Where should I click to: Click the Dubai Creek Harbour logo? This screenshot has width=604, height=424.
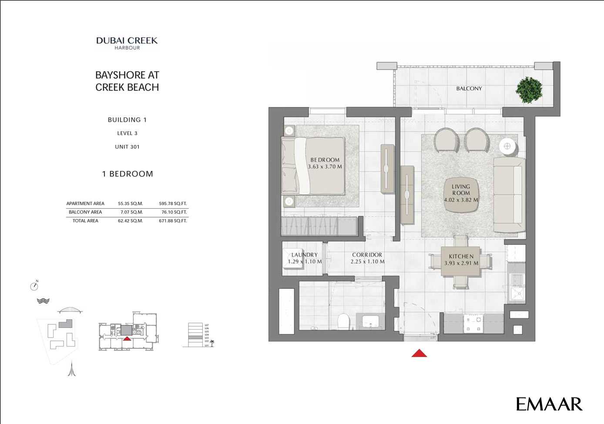click(127, 43)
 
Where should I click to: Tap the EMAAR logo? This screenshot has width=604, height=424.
click(549, 404)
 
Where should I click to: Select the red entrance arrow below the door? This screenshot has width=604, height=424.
click(419, 353)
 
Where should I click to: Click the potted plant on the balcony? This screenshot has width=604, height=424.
click(529, 90)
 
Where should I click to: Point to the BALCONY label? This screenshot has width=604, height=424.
click(469, 88)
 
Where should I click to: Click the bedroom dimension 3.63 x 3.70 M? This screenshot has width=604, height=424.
click(325, 167)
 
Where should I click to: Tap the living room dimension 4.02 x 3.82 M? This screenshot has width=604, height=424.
click(461, 200)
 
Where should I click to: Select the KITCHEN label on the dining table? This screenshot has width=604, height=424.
click(461, 257)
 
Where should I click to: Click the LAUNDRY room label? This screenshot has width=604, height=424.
click(304, 255)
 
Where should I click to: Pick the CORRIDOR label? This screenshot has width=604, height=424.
click(367, 255)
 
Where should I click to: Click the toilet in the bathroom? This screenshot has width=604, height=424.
click(344, 321)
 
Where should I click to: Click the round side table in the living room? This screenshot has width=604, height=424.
click(507, 146)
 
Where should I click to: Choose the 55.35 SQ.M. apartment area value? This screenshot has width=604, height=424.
click(130, 204)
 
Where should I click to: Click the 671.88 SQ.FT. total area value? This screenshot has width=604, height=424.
click(173, 221)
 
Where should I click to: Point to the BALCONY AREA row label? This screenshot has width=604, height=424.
click(85, 212)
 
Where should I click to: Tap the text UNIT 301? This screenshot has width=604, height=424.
click(127, 147)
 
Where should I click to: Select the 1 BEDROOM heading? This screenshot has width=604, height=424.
click(128, 174)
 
